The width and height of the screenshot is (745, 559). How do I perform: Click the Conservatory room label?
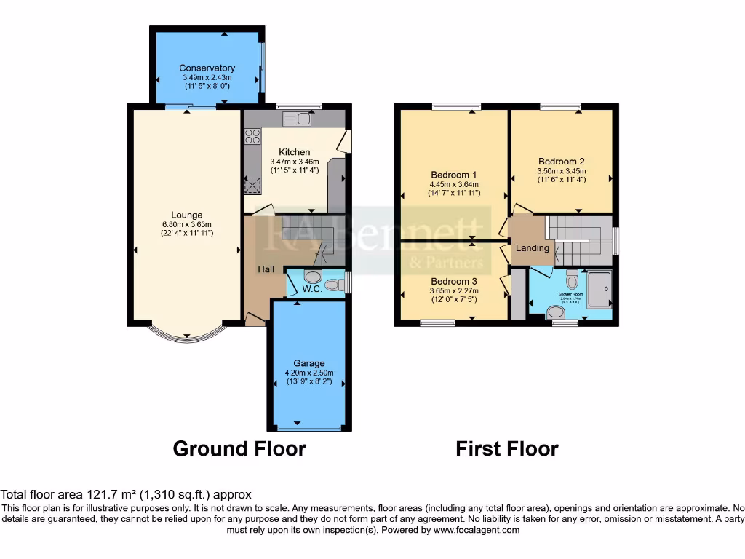pos(207,68)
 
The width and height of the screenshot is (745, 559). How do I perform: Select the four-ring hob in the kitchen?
pos(253,136)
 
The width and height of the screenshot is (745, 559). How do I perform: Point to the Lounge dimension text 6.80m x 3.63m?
pos(186,224)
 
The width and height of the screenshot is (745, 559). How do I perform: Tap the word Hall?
pos(266,269)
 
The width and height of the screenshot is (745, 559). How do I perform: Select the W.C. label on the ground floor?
pos(312,289)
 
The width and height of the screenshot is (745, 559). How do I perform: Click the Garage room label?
pos(309,363)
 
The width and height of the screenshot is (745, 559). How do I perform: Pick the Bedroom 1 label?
pos(453,175)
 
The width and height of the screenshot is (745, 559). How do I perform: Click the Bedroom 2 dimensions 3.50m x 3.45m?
pos(562,171)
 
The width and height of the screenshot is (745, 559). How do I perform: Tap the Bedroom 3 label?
pos(454,281)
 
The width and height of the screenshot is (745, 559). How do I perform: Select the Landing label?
pos(533,248)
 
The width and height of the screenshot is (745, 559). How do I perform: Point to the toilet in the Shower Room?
pos(572,279)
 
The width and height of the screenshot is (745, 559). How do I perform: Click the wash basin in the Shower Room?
pos(557,313)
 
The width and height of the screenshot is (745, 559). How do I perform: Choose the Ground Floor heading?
pos(239,448)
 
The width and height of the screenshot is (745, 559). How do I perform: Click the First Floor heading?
pos(507,448)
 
